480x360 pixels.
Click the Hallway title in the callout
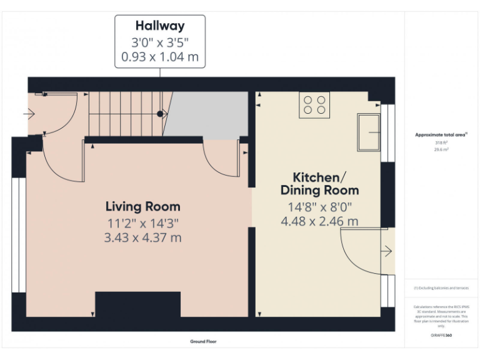(x=160, y=26)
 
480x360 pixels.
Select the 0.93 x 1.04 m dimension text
(x=160, y=58)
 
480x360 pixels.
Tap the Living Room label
(x=142, y=206)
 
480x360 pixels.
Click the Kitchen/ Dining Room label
(x=319, y=183)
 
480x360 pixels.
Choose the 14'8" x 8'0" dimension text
(x=319, y=206)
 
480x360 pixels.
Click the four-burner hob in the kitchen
(x=314, y=105)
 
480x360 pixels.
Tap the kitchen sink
(x=368, y=132)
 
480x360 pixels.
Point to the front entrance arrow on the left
(x=29, y=114)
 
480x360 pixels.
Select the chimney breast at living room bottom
(x=138, y=306)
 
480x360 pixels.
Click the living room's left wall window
(x=19, y=235)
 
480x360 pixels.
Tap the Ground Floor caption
(x=203, y=342)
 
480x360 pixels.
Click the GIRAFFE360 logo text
(x=441, y=336)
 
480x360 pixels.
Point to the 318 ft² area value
(x=441, y=143)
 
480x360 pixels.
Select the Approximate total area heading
(x=441, y=134)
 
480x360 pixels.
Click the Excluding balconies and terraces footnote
(x=441, y=288)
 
